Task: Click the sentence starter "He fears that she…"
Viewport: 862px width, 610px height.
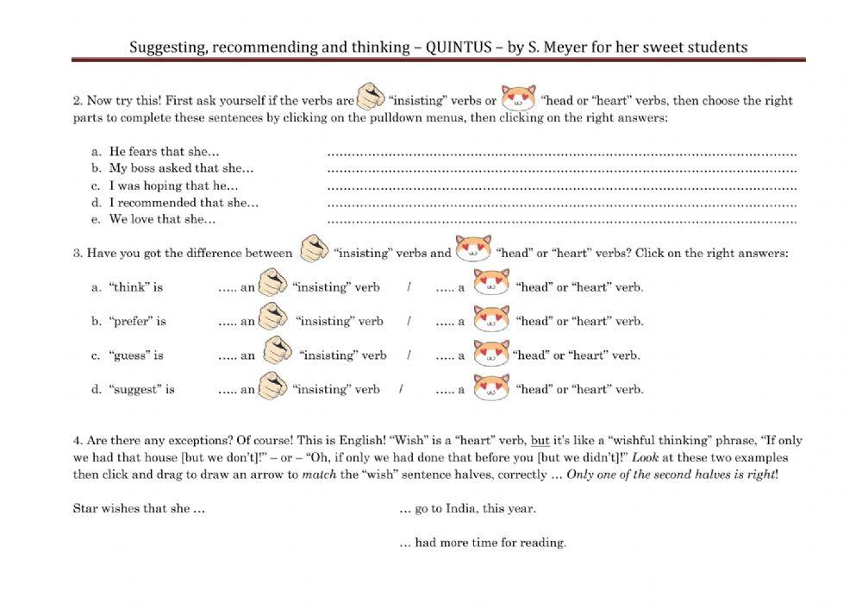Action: point(164,152)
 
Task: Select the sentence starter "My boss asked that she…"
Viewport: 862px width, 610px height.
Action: point(181,168)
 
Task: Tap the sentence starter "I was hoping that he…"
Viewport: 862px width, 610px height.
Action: point(173,186)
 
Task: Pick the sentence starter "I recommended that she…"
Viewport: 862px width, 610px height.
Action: point(184,203)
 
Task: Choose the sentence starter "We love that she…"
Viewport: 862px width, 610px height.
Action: point(162,219)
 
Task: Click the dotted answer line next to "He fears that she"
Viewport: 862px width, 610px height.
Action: point(562,153)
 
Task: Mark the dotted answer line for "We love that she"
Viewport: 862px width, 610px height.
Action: point(562,220)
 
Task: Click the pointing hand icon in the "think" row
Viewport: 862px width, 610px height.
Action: point(272,283)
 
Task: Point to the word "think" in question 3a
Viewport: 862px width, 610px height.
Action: point(128,287)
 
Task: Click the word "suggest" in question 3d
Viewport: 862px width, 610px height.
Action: point(134,389)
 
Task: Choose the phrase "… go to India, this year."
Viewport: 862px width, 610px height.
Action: point(467,508)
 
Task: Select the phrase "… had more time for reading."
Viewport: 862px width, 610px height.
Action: point(483,543)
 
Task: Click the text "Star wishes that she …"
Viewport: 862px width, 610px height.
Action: point(139,508)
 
